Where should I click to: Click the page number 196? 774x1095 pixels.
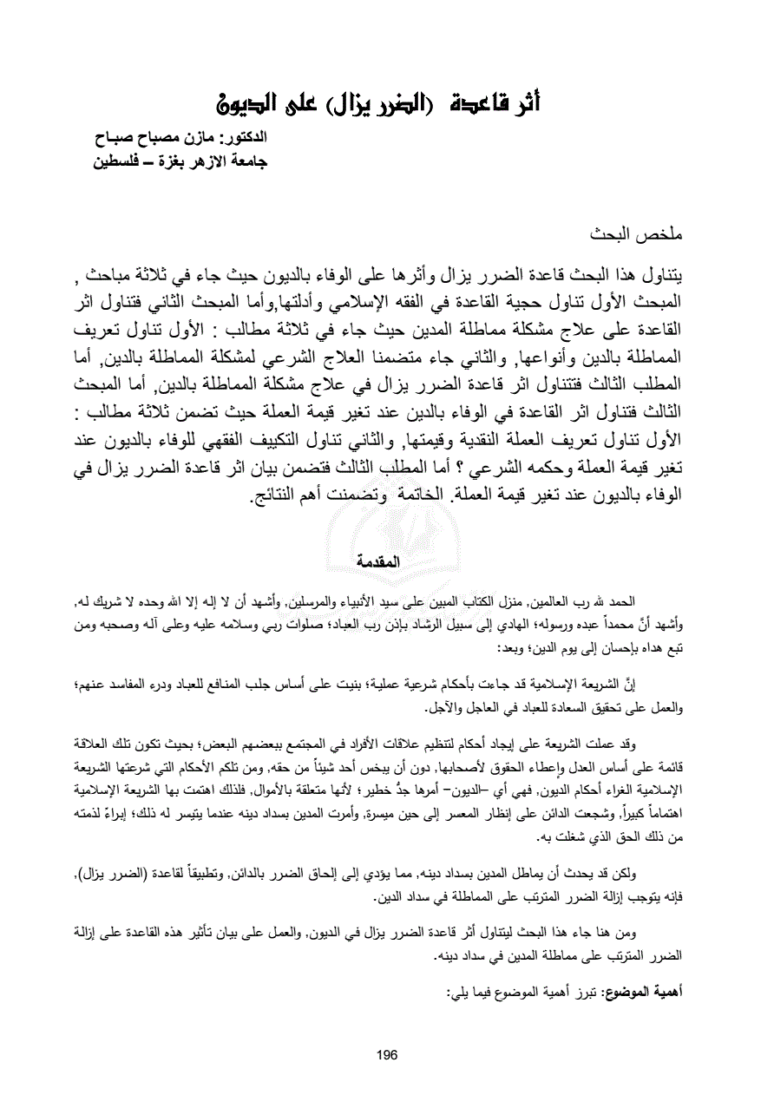pyautogui.click(x=387, y=1054)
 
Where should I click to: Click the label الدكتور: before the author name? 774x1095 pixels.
pyautogui.click(x=239, y=138)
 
